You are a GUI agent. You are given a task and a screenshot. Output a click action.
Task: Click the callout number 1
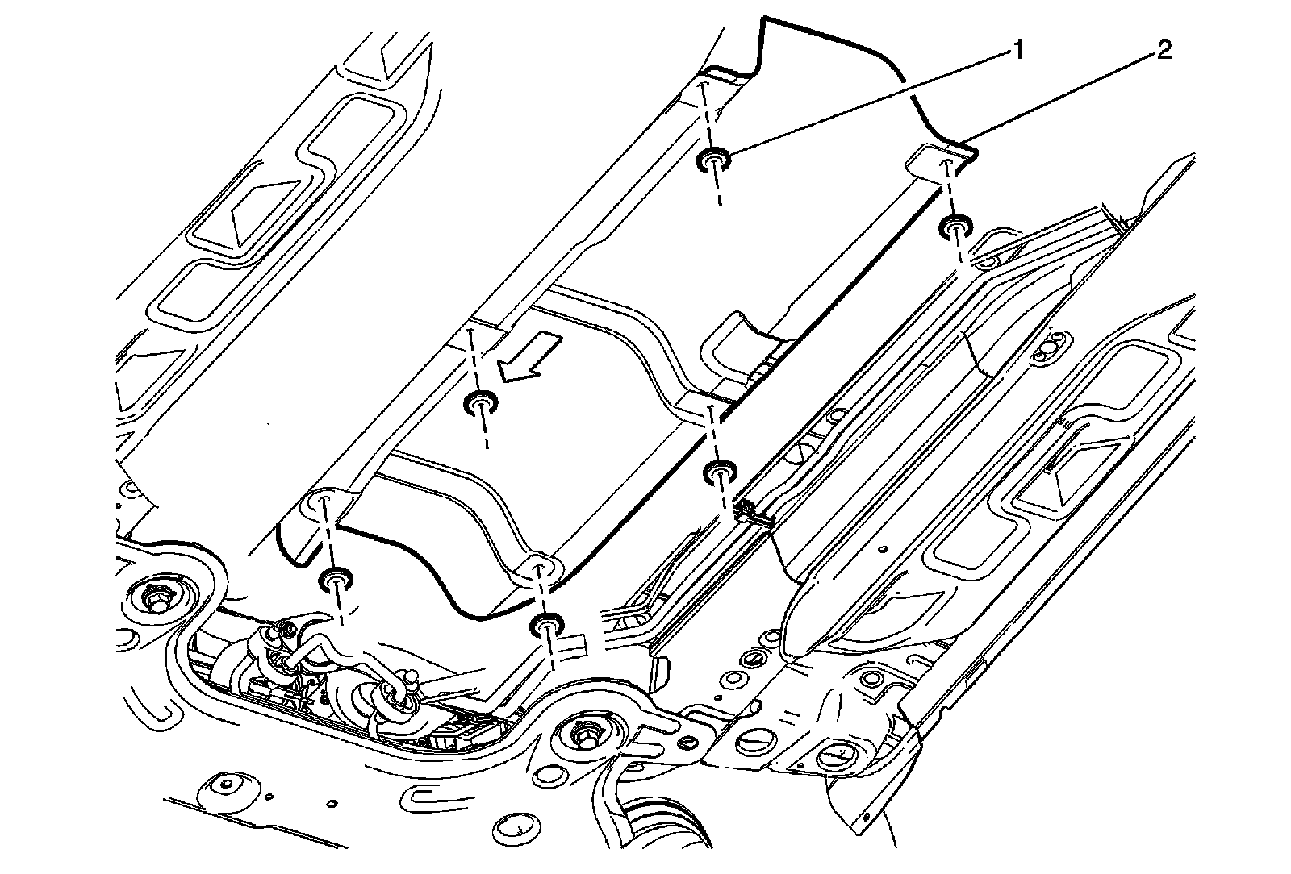[1018, 52]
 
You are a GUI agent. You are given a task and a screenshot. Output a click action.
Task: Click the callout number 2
[1163, 52]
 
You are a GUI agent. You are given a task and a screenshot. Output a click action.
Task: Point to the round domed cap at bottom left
[225, 785]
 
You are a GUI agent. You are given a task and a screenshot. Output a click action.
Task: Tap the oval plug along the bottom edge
[516, 825]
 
